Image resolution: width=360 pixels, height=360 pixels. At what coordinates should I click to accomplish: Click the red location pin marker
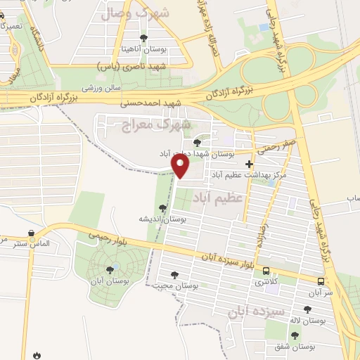(x=181, y=165)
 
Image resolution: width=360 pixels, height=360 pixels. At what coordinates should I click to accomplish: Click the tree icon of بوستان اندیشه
(x=164, y=208)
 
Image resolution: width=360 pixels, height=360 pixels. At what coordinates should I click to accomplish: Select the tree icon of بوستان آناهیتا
(x=144, y=37)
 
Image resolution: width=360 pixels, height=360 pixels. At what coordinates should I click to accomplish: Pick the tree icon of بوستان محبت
(x=174, y=275)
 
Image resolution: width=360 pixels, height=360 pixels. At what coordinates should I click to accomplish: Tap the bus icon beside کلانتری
(x=266, y=271)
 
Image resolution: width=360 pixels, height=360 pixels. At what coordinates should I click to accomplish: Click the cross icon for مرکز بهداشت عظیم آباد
(x=249, y=164)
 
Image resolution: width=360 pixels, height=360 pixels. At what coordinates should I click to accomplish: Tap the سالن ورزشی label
(x=104, y=89)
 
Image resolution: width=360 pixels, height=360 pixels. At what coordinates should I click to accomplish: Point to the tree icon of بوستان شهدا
(x=196, y=142)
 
